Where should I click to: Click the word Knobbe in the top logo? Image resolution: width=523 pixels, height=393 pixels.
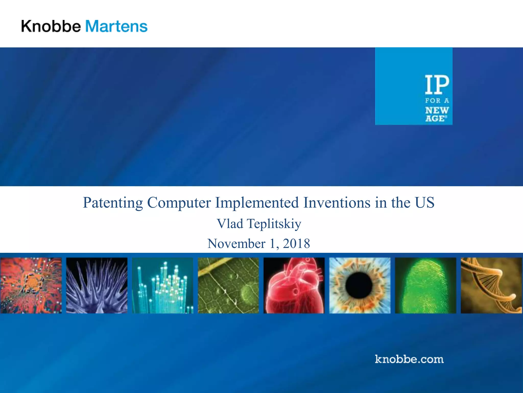(x=51, y=26)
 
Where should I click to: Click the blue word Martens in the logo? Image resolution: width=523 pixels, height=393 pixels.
(x=116, y=26)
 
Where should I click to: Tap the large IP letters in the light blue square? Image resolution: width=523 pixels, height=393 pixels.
(x=437, y=84)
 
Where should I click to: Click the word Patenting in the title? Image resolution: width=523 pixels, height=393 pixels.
(x=113, y=203)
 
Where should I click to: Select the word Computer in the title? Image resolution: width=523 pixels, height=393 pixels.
(x=179, y=203)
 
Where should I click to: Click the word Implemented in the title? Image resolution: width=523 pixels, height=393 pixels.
(x=257, y=203)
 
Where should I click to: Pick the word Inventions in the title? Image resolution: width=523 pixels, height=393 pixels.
(x=337, y=203)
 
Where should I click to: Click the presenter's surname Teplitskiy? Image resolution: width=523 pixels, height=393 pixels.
(x=274, y=224)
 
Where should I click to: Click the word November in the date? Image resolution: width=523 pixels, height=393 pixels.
(x=236, y=243)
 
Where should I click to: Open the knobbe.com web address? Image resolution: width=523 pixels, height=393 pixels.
(x=409, y=359)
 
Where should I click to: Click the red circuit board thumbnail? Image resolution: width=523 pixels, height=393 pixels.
(x=31, y=285)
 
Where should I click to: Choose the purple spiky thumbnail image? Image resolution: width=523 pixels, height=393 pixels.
(x=97, y=285)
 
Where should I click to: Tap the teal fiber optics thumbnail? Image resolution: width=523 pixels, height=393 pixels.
(x=163, y=285)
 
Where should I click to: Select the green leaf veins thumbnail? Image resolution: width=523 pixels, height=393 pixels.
(x=228, y=285)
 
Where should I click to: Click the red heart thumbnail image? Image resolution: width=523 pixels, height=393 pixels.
(x=294, y=285)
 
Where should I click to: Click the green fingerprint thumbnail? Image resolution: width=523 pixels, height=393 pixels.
(x=425, y=285)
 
